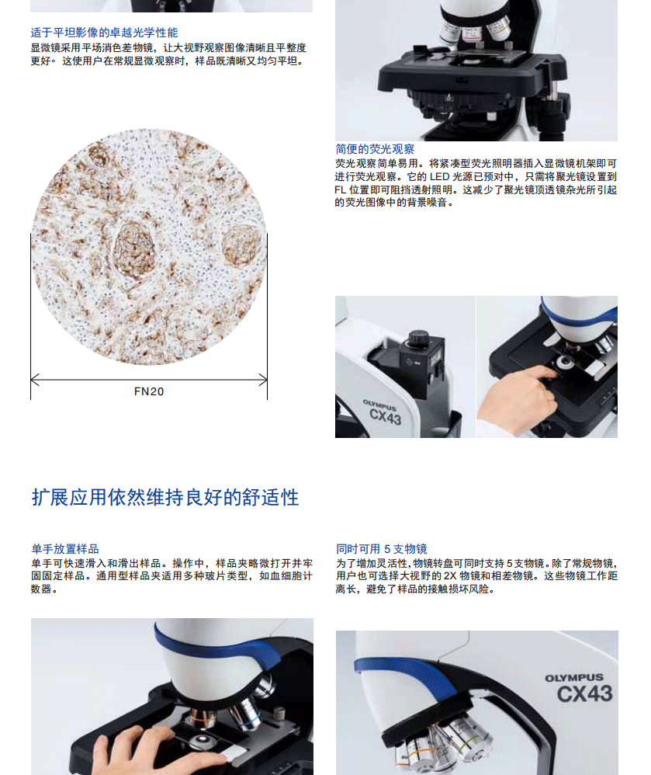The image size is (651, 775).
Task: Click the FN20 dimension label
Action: (149, 391)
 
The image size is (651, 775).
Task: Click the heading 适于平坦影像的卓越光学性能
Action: (104, 33)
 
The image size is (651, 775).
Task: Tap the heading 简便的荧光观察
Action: (375, 149)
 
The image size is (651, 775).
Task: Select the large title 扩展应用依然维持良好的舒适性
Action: (165, 497)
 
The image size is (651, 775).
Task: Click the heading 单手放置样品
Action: (65, 548)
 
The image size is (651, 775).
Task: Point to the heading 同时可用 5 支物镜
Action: (381, 548)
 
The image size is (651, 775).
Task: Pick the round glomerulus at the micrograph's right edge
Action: (242, 245)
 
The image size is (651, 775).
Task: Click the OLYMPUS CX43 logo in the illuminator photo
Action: (382, 412)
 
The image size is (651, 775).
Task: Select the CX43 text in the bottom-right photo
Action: (585, 694)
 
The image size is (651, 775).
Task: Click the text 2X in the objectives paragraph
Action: (449, 576)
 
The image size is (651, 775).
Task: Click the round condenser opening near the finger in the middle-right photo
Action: (565, 363)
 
